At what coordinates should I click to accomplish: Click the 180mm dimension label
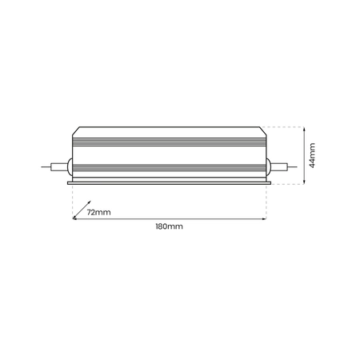169,227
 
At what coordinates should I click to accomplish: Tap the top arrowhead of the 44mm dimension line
305,127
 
